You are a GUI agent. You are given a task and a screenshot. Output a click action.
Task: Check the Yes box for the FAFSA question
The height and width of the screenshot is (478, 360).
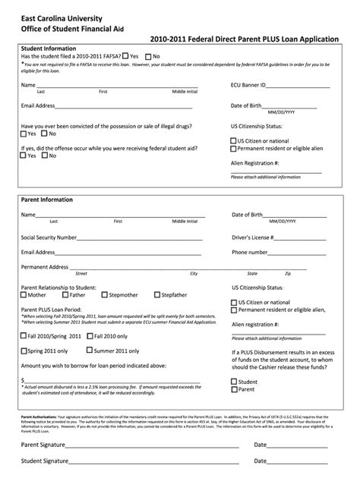coord(126,56)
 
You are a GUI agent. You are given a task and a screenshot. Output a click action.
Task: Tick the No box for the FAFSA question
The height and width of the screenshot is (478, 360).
coord(149,56)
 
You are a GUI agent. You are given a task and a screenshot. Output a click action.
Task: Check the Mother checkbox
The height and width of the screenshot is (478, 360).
coord(25,294)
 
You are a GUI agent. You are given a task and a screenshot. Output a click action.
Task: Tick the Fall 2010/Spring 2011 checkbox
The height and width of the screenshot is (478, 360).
coord(25,335)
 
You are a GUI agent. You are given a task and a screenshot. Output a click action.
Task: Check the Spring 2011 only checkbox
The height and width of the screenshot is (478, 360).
coord(25,351)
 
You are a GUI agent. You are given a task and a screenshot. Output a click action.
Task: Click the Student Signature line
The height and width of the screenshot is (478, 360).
coord(153,462)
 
